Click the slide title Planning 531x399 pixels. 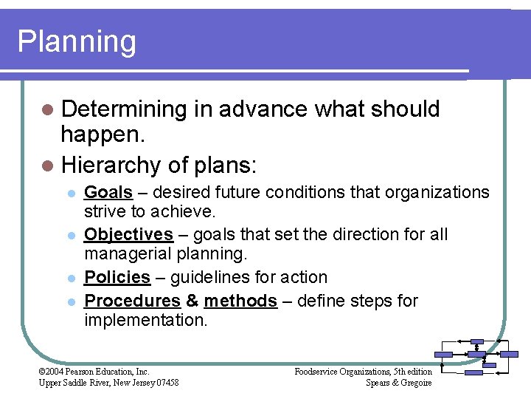(x=77, y=42)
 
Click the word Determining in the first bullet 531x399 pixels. (x=123, y=109)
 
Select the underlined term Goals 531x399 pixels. (x=108, y=193)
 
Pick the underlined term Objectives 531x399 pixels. (x=128, y=235)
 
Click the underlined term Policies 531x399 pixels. (x=117, y=278)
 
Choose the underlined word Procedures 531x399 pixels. (x=132, y=301)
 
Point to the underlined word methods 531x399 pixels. (x=240, y=301)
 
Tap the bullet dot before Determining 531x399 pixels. (x=47, y=110)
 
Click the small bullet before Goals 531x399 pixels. (x=70, y=194)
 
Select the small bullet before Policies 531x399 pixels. (x=70, y=279)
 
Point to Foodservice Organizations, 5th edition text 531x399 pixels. (x=363, y=372)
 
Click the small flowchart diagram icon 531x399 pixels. (x=475, y=357)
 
